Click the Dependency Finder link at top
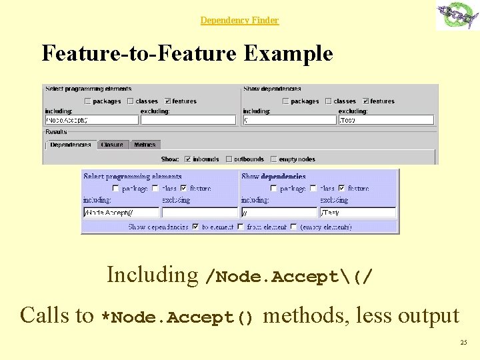point(239,21)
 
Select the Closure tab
point(112,145)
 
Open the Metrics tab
point(145,145)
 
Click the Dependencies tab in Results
point(70,145)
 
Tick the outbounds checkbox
point(229,159)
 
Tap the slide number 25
point(463,343)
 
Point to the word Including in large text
point(152,275)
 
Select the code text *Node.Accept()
point(177,318)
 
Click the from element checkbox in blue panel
point(241,227)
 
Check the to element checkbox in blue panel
point(195,227)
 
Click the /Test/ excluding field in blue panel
point(358,213)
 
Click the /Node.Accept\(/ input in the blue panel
point(121,213)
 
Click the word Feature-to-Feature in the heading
point(139,53)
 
